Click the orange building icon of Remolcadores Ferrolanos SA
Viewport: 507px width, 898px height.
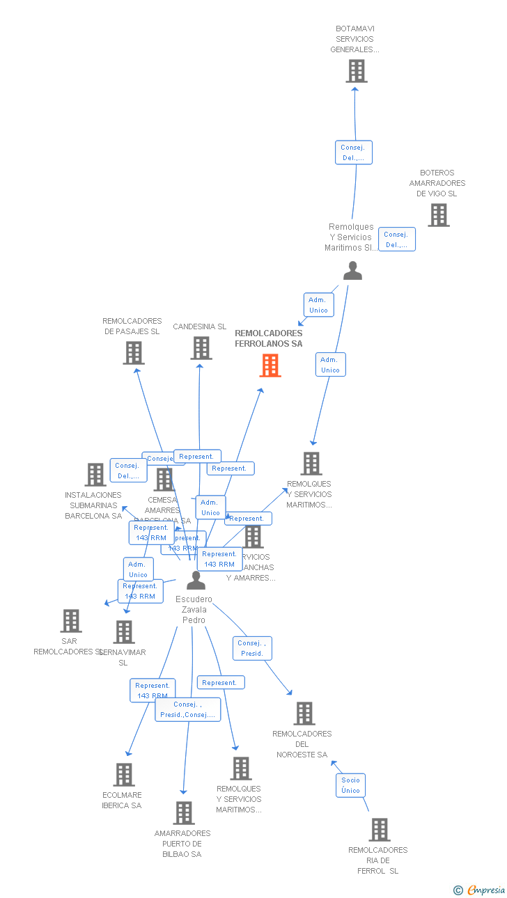(x=270, y=365)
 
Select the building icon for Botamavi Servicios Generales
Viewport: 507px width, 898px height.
(x=357, y=71)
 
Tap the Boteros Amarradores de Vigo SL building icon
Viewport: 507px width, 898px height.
(x=438, y=215)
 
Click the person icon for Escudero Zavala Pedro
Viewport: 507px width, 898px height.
(x=196, y=580)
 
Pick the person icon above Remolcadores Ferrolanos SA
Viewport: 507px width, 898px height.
(x=353, y=271)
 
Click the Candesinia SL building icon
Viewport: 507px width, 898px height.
(x=201, y=348)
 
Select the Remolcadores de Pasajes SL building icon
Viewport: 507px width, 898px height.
(x=134, y=353)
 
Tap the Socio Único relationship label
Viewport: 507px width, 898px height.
(x=351, y=785)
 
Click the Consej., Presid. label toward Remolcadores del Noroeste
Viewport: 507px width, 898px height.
(x=251, y=648)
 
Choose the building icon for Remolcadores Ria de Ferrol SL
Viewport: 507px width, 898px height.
(x=380, y=830)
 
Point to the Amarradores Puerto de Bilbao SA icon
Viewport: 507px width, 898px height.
(x=184, y=813)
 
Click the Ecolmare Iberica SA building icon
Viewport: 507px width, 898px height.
(x=124, y=775)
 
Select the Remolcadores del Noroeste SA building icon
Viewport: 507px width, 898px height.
(x=304, y=714)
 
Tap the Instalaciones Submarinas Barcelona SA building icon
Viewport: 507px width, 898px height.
(x=95, y=475)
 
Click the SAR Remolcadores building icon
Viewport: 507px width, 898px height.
(x=71, y=621)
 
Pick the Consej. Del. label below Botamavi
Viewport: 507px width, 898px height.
(x=354, y=152)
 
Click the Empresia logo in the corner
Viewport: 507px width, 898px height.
(x=480, y=890)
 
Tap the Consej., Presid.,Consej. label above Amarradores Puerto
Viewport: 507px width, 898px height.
(x=187, y=709)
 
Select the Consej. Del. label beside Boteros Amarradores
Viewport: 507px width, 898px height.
(x=397, y=239)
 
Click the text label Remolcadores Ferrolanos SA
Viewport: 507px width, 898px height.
(x=269, y=338)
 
